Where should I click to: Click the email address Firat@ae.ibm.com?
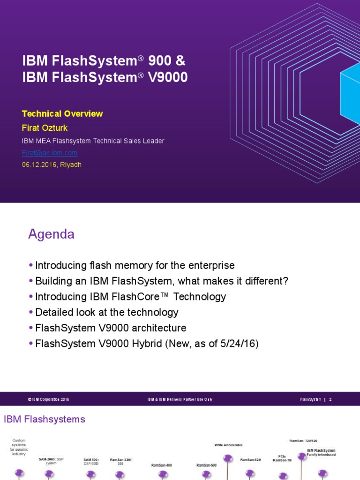(49, 153)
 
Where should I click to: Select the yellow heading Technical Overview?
(62, 114)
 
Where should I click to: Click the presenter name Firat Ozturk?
(45, 128)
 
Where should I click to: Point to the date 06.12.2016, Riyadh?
(52, 165)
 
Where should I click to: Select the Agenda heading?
(51, 234)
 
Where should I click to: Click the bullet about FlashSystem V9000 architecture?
(111, 328)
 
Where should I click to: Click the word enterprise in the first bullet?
(210, 265)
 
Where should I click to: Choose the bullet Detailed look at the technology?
(107, 312)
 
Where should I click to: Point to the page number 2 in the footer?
(330, 399)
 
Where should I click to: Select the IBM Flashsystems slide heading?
(45, 419)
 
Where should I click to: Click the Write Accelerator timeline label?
(228, 445)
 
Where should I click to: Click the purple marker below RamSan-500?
(206, 474)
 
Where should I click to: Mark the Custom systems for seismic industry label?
(19, 447)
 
